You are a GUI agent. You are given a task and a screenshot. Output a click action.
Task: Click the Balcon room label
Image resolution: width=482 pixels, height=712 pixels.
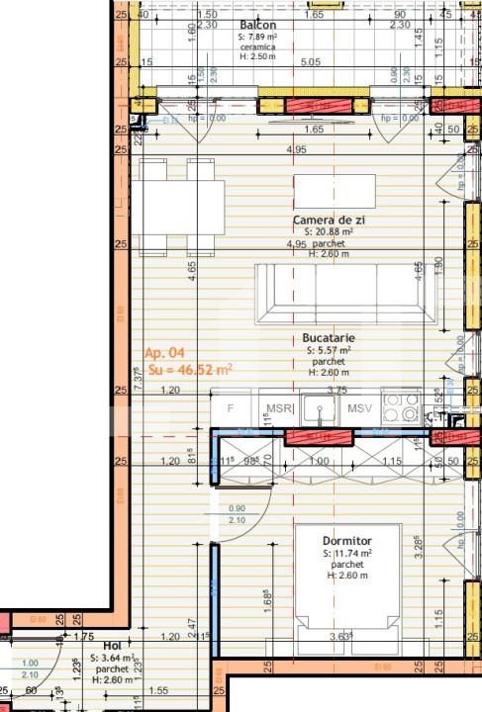pyautogui.click(x=257, y=25)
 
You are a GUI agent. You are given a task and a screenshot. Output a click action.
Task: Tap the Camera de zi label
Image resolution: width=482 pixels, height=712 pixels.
pyautogui.click(x=329, y=220)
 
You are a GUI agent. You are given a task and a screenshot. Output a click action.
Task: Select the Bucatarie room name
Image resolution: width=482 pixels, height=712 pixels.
pyautogui.click(x=330, y=338)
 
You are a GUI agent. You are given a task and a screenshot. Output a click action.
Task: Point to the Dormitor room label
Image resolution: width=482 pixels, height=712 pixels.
pyautogui.click(x=347, y=541)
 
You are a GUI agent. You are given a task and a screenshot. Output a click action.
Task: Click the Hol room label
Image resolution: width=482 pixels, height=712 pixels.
pyautogui.click(x=112, y=645)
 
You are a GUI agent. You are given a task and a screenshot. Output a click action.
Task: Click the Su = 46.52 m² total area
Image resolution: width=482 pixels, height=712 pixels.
pyautogui.click(x=190, y=370)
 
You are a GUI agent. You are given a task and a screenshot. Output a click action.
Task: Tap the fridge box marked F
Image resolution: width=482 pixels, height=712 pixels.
pyautogui.click(x=231, y=407)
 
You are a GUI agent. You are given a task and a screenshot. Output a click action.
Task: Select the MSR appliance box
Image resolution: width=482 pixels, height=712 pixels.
pyautogui.click(x=276, y=407)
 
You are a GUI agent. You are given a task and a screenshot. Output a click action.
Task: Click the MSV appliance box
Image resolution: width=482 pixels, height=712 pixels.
pyautogui.click(x=360, y=407)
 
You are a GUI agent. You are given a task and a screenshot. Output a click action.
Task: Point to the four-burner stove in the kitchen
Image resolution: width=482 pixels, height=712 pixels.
pyautogui.click(x=402, y=406)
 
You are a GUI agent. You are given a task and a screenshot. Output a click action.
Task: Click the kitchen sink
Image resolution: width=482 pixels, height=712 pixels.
pyautogui.click(x=319, y=406)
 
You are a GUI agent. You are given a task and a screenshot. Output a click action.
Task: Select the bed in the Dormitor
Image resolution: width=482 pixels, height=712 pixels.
pyautogui.click(x=347, y=578)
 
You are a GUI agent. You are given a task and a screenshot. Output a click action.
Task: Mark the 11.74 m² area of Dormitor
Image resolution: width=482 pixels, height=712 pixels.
pyautogui.click(x=347, y=554)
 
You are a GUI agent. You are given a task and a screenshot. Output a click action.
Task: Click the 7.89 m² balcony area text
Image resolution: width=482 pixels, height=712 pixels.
pyautogui.click(x=257, y=37)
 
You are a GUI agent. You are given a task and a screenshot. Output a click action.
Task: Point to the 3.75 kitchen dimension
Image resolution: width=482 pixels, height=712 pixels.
pyautogui.click(x=337, y=390)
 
